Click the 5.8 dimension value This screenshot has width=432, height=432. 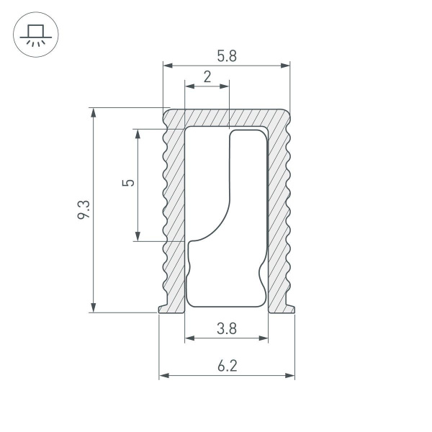[226, 55]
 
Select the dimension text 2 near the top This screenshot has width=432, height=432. [207, 77]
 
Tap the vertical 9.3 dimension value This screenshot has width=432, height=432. [84, 210]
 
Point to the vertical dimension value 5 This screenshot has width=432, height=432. [128, 183]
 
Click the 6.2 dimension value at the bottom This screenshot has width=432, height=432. [226, 366]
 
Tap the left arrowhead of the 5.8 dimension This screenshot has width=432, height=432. [167, 66]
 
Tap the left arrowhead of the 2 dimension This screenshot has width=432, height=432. [189, 86]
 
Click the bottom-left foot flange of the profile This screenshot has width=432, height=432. [171, 308]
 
